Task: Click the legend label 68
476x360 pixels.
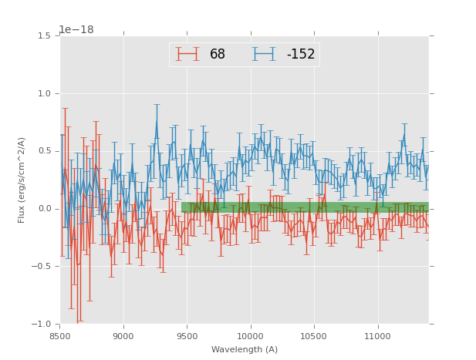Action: [x=217, y=55]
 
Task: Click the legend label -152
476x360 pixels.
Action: [x=300, y=55]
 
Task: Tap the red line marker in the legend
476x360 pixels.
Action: [x=187, y=54]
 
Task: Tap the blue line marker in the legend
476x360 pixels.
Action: [x=265, y=54]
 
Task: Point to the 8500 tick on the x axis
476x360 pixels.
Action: [x=60, y=336]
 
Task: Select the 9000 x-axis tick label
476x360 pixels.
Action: [x=123, y=336]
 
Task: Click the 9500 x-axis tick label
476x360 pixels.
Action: [x=187, y=336]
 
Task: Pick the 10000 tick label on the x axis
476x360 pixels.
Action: [x=251, y=336]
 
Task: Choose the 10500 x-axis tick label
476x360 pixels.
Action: [x=314, y=336]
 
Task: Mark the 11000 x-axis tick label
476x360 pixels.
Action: [x=377, y=336]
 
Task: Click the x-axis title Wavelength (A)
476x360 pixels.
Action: [x=245, y=350]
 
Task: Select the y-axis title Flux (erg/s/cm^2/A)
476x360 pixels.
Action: [x=22, y=180]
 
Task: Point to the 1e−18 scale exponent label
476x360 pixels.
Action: [x=76, y=30]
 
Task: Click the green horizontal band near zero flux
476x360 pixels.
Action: [x=305, y=207]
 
